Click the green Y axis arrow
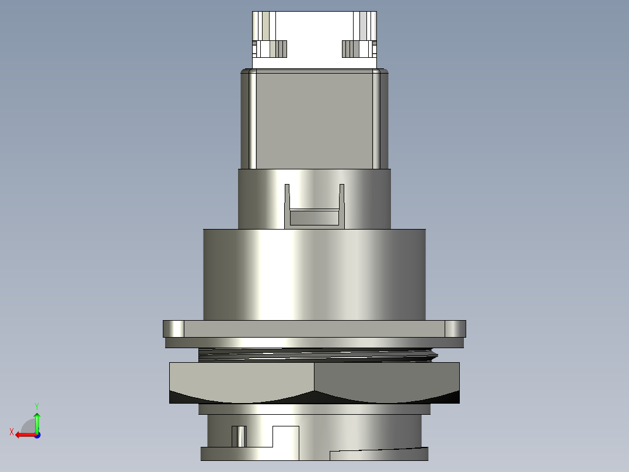37,422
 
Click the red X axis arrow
26,435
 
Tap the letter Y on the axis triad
37,406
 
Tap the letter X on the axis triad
12,432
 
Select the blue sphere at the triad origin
38,435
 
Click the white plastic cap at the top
314,40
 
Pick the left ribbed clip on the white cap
270,49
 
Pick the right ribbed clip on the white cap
359,49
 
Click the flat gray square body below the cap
314,120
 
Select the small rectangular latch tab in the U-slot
314,217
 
